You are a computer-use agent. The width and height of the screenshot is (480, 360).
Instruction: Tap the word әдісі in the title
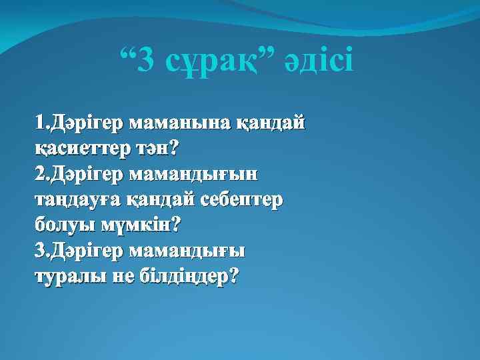[319, 61]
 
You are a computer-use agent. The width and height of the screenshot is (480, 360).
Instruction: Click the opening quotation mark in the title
[129, 53]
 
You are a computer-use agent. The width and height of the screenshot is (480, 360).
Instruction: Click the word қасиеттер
[79, 149]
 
